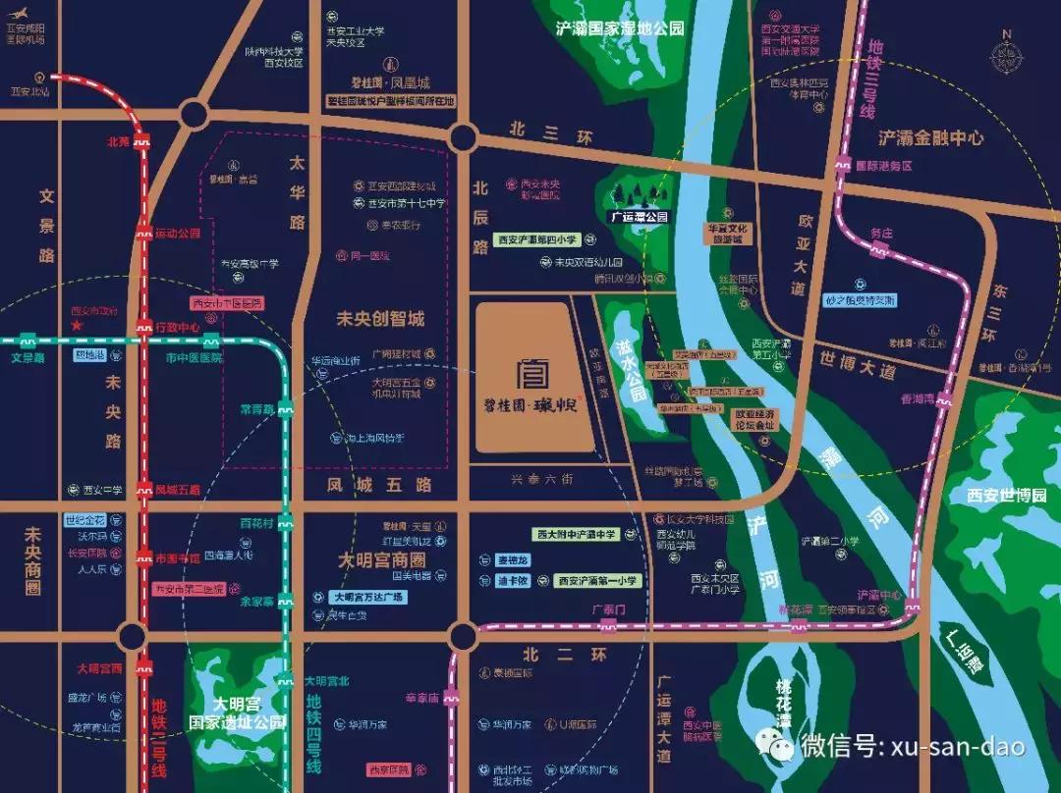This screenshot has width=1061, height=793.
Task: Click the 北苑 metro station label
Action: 118,141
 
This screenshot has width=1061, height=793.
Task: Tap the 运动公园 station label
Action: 177,234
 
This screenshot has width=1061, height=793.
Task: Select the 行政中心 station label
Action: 178,327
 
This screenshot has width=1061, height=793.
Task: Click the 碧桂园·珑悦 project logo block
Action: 535,378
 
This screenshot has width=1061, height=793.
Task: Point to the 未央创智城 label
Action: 380,319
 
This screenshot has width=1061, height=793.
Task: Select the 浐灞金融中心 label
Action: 931,138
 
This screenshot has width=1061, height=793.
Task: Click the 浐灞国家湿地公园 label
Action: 619,28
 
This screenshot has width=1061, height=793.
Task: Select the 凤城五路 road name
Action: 380,485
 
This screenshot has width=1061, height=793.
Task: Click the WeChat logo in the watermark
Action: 782,748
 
